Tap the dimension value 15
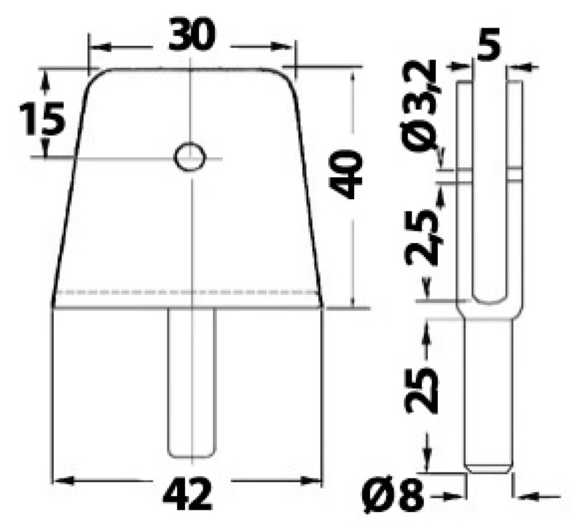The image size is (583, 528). pyautogui.click(x=42, y=118)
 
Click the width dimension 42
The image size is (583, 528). pyautogui.click(x=188, y=497)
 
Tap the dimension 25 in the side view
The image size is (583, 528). pyautogui.click(x=423, y=389)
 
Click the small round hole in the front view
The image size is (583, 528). pyautogui.click(x=189, y=155)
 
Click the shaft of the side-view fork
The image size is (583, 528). pyautogui.click(x=489, y=394)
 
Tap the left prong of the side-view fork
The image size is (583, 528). pyautogui.click(x=465, y=182)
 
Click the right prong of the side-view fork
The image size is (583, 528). pyautogui.click(x=514, y=182)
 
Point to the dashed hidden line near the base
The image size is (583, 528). pyautogui.click(x=188, y=292)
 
